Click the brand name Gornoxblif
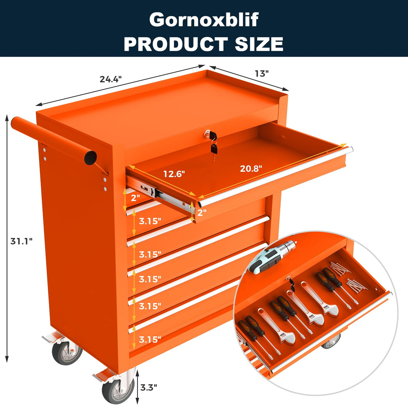pos(204,20)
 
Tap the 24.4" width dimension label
pos(110,79)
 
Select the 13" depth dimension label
pos(261,73)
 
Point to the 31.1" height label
pos(21,241)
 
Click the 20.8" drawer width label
pos(251,168)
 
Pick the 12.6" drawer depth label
pos(174,174)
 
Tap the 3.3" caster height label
pos(149,387)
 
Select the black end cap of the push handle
pos(90,158)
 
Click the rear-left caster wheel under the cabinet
pos(66,353)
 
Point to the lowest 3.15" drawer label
pos(150,339)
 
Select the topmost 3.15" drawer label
pos(150,221)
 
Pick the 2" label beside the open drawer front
pos(202,212)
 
